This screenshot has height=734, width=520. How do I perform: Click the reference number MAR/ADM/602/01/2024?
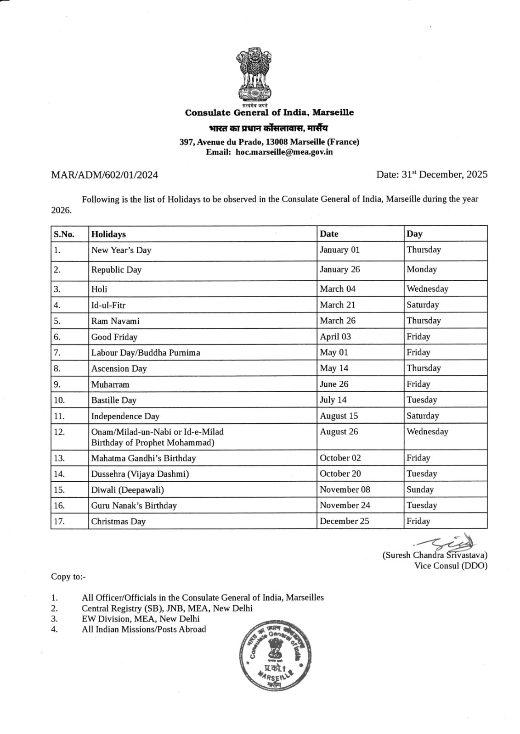104,175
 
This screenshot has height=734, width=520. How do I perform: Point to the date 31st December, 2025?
431,174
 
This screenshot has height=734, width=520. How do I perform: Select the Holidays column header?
108,234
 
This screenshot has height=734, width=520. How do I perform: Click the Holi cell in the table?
99,289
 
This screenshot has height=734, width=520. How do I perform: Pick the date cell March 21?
338,305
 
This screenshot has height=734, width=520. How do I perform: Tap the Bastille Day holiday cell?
113,400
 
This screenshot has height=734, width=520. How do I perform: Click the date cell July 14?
333,400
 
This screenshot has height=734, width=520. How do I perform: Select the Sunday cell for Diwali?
420,489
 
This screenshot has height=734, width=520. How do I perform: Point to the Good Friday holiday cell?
114,337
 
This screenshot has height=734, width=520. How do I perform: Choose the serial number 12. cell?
60,432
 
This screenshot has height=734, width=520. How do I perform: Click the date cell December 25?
345,521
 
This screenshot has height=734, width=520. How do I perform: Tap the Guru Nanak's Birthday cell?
134,506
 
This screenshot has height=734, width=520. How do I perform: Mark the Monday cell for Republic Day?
421,269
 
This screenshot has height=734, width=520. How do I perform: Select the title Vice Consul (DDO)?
451,566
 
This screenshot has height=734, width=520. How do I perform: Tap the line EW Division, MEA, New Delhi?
141,619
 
